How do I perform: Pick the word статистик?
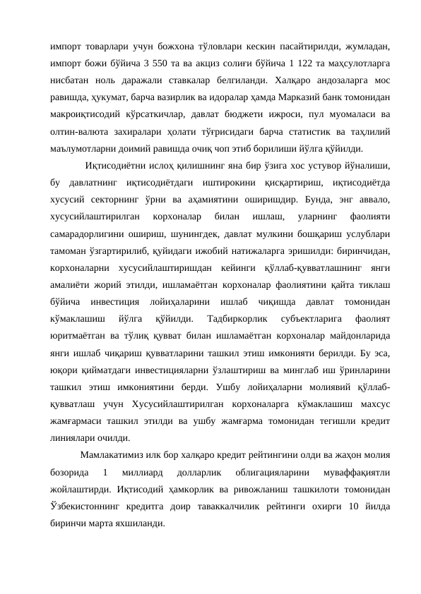coord(300,131)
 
